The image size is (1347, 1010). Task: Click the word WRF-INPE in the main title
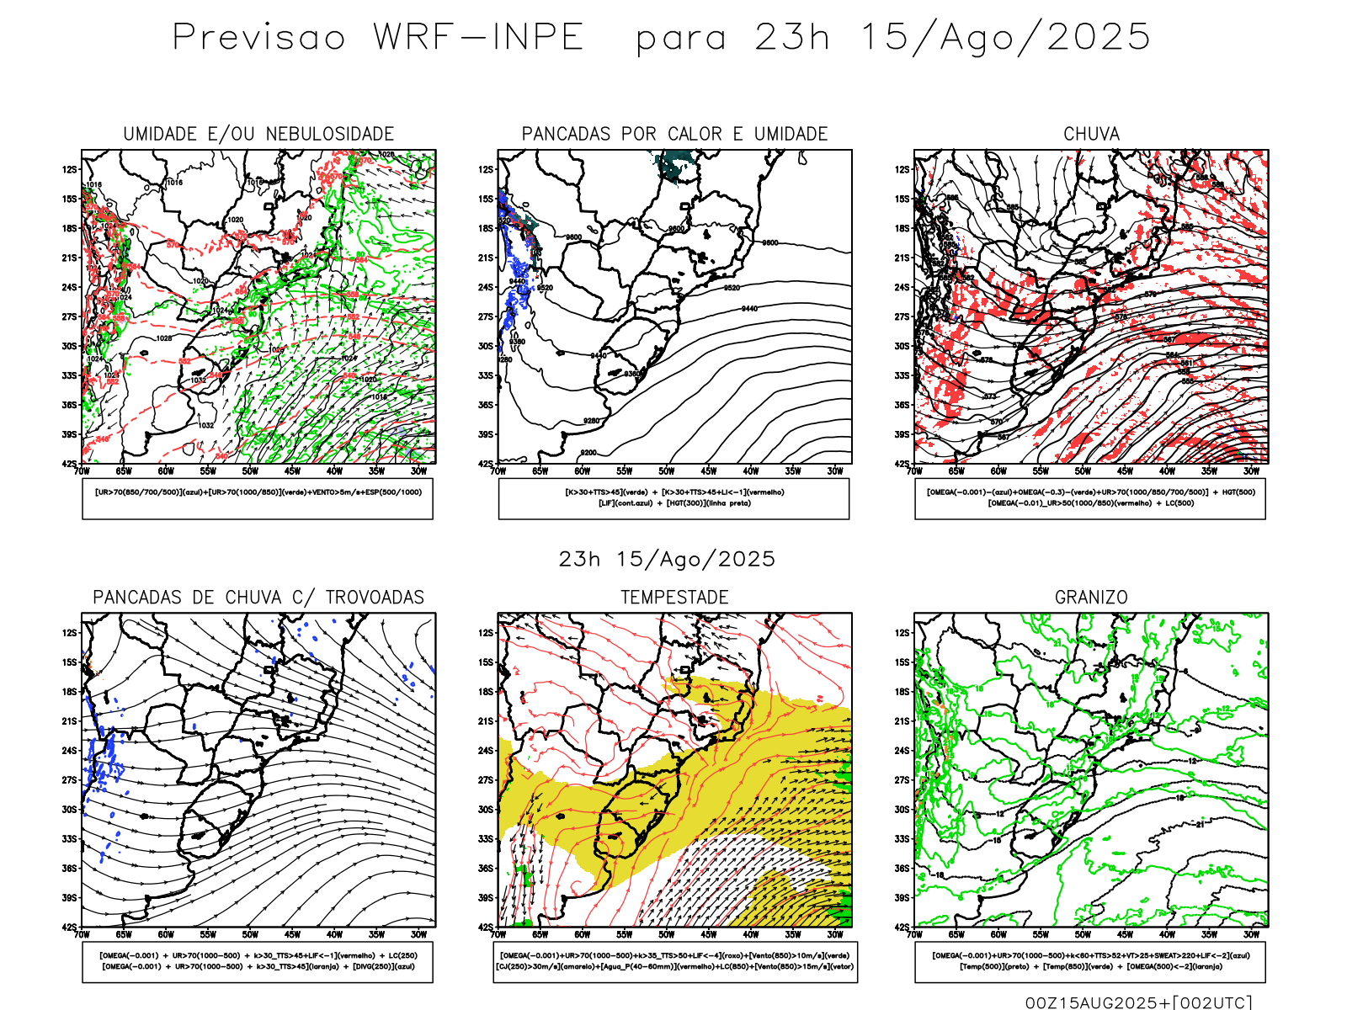click(478, 38)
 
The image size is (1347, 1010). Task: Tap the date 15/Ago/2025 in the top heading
click(1005, 38)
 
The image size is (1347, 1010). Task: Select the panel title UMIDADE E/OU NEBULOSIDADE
click(258, 134)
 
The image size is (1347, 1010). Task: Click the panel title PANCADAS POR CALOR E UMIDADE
click(674, 134)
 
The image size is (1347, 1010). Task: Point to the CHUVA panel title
click(1091, 134)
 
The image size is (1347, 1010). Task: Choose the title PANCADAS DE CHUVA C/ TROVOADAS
click(258, 598)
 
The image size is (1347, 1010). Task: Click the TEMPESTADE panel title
click(674, 598)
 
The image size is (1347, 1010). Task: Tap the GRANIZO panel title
click(1091, 598)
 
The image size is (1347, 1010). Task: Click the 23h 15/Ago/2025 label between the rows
click(667, 560)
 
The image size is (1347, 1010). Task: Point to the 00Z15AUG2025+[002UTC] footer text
click(1138, 1002)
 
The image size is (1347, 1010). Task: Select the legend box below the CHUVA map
click(1090, 498)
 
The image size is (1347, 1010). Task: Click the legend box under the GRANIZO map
click(1090, 961)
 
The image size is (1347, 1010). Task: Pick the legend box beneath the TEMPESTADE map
click(674, 961)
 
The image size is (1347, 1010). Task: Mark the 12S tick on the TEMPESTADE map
click(486, 633)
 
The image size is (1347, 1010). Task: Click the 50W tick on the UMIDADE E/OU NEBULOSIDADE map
click(250, 471)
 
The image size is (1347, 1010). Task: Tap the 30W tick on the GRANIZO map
click(1251, 934)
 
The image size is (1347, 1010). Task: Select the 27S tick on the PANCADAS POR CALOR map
click(486, 317)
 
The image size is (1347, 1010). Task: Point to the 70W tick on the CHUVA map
click(915, 471)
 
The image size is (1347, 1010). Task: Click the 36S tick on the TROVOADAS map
click(69, 869)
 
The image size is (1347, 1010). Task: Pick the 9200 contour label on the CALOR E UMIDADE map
click(588, 453)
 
